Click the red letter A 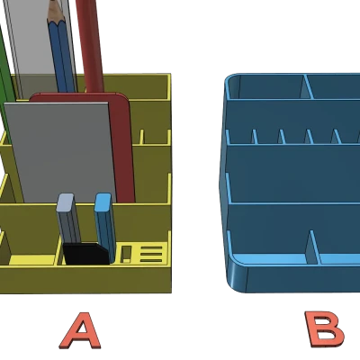(80, 331)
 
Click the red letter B (324, 328)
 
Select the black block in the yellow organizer (85, 254)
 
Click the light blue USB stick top (103, 202)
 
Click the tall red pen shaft (90, 45)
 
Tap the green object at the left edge (6, 87)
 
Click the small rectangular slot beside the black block (126, 254)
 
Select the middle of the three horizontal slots (151, 255)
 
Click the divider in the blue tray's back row (307, 86)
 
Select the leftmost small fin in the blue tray (255, 137)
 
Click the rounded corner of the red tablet (123, 98)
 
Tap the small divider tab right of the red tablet (141, 137)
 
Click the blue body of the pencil (62, 56)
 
